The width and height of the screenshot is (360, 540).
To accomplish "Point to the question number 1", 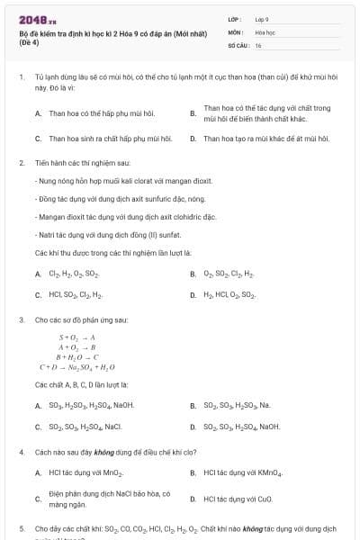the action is tap(21, 78).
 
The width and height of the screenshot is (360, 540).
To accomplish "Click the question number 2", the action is tap(21, 163).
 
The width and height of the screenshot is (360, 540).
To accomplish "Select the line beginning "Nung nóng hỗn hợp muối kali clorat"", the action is tap(108, 182).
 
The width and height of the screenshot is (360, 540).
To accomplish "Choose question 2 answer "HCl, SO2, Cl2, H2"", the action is tap(76, 294).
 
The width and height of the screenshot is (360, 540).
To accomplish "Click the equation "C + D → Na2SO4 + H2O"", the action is tap(77, 367).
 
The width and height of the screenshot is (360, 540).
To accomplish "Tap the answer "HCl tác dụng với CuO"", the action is tap(238, 498).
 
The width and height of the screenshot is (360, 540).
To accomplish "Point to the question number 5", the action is tap(21, 528).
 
